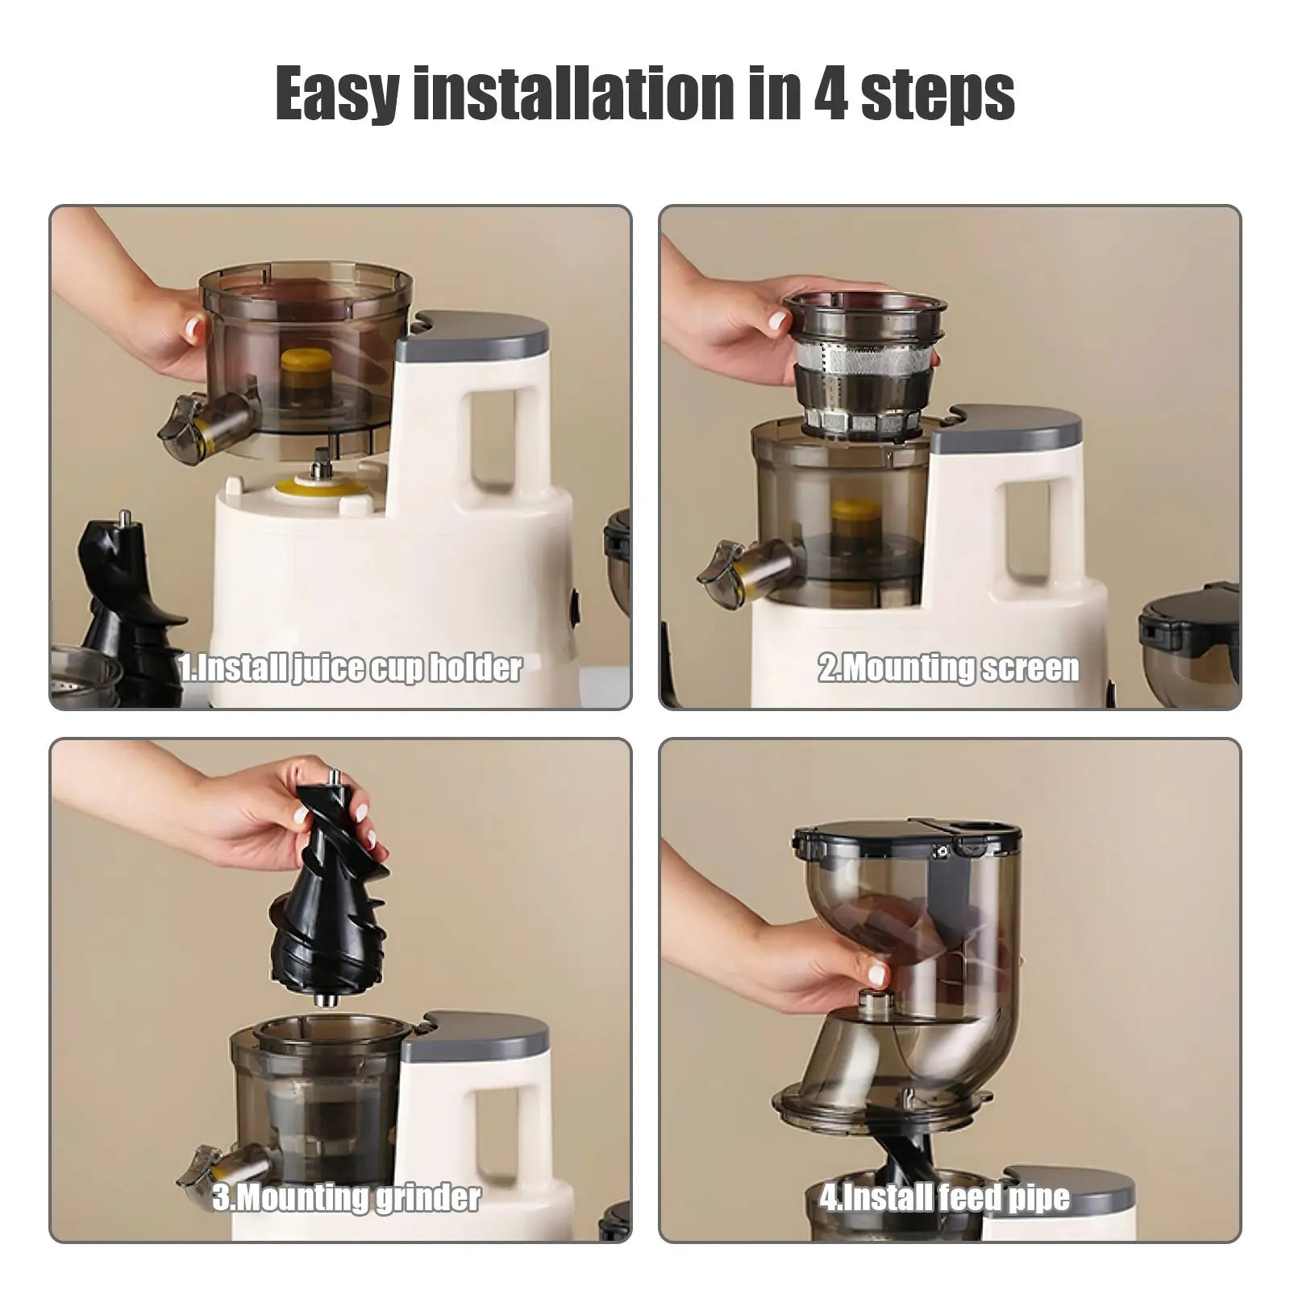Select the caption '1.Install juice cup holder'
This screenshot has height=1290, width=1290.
pyautogui.click(x=351, y=668)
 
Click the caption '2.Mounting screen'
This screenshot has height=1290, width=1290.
pyautogui.click(x=949, y=668)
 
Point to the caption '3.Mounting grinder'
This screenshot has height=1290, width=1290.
pyautogui.click(x=347, y=1197)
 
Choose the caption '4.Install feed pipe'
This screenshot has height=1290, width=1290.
pyautogui.click(x=945, y=1197)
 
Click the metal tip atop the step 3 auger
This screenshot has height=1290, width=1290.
pyautogui.click(x=332, y=778)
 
